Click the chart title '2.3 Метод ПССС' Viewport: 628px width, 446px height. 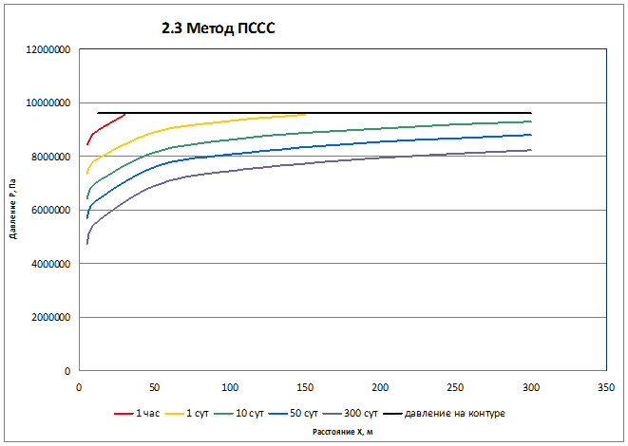[x=218, y=29]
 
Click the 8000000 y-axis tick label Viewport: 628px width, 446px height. [x=47, y=157]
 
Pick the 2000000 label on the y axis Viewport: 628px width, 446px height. [x=47, y=318]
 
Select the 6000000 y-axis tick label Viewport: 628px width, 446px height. [x=47, y=211]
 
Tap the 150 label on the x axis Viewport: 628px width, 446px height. [x=305, y=387]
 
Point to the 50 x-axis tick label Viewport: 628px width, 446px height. [x=154, y=387]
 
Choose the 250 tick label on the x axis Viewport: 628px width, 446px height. [x=455, y=387]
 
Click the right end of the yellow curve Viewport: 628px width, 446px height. [x=305, y=114]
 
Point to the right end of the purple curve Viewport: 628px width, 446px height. [x=530, y=150]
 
